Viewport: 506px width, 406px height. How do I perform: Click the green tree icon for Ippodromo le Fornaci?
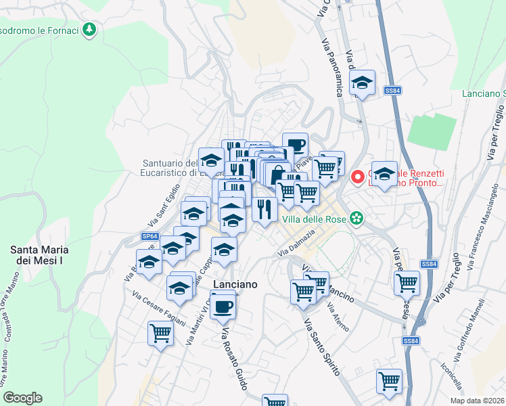click(x=89, y=30)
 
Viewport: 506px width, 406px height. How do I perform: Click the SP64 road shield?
click(x=150, y=236)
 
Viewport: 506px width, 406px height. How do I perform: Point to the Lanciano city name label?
click(x=235, y=285)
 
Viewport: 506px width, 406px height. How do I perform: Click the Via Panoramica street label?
click(x=331, y=67)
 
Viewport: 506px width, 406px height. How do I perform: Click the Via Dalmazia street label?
click(x=296, y=244)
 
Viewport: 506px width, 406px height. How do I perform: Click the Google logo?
click(x=22, y=398)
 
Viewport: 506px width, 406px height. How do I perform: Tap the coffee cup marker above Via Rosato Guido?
click(x=223, y=305)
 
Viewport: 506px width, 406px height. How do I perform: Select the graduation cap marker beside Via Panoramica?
click(x=363, y=83)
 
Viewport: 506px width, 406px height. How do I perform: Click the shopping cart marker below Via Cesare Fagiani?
click(x=161, y=332)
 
